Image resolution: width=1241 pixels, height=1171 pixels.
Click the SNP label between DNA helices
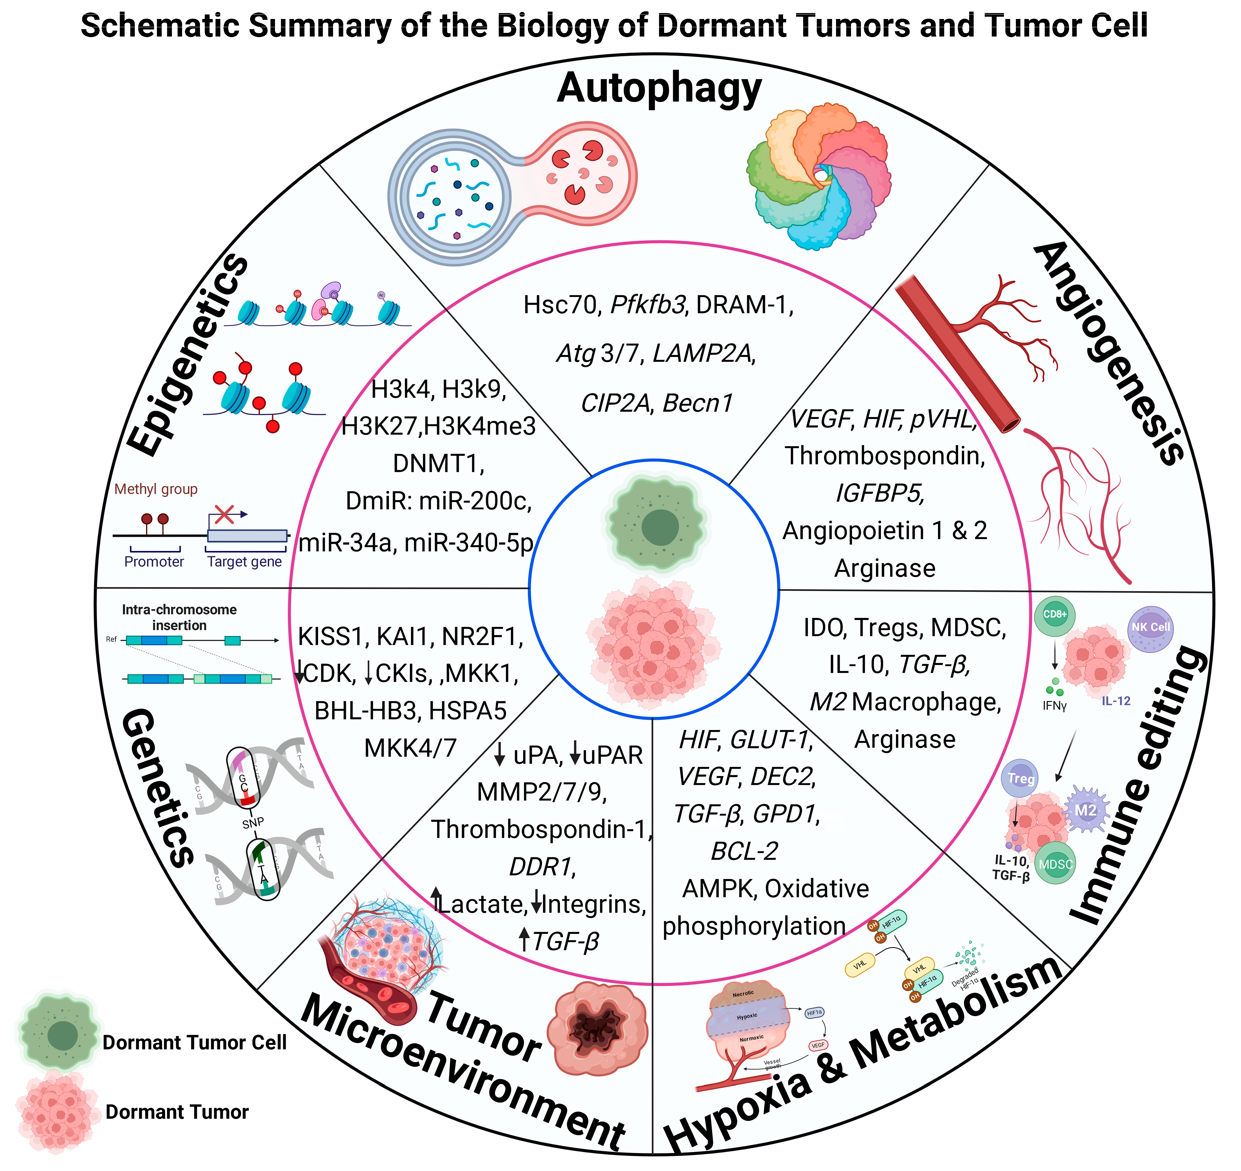(253, 823)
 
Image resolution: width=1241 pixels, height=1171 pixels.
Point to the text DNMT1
(438, 464)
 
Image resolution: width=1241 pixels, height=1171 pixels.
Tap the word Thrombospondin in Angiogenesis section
(884, 456)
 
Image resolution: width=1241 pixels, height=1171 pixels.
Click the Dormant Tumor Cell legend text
(194, 1042)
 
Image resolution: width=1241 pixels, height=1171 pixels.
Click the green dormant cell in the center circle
(655, 523)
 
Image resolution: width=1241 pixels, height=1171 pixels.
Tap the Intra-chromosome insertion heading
(179, 617)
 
